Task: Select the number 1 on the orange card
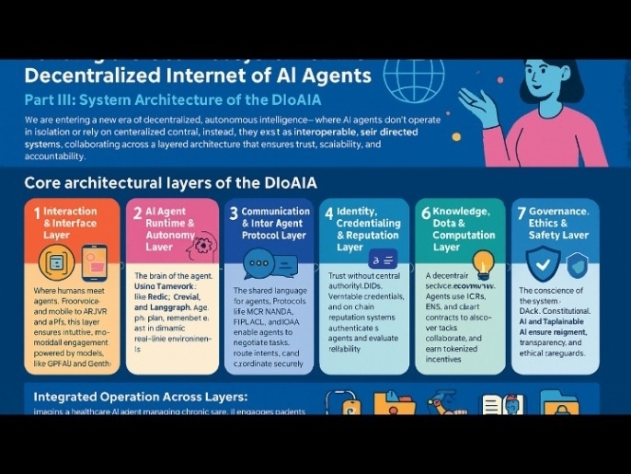(x=37, y=213)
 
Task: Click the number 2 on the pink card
(x=137, y=213)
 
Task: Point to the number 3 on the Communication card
(x=234, y=214)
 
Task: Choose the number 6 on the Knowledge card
(x=425, y=213)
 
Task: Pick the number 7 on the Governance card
(x=522, y=213)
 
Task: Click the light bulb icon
(x=482, y=262)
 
